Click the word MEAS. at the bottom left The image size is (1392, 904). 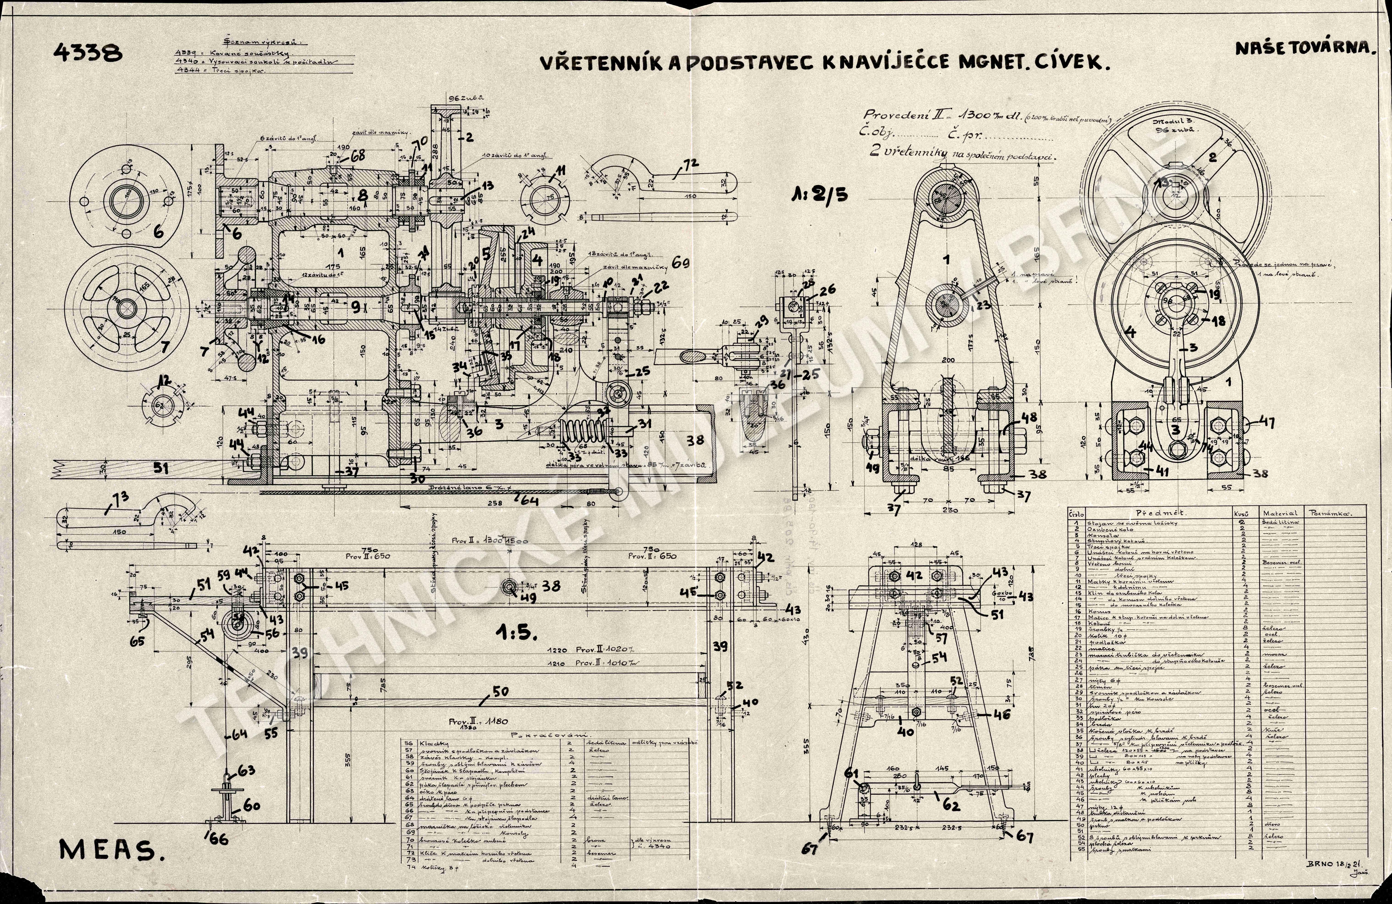(x=111, y=851)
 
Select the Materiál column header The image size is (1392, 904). (x=1280, y=513)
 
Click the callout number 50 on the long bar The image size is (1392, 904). (x=500, y=692)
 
